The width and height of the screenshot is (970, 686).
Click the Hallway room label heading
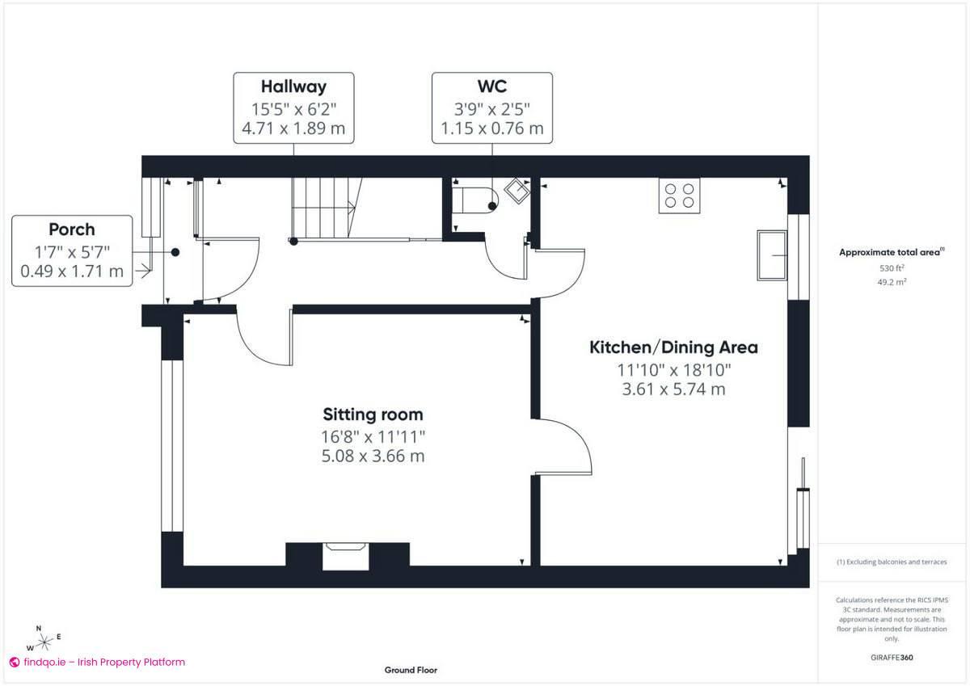point(293,86)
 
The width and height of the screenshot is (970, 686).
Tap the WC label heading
point(491,86)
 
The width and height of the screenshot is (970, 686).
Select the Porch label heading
point(71,229)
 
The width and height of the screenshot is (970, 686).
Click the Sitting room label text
point(373,415)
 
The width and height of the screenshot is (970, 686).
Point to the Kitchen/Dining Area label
point(673,347)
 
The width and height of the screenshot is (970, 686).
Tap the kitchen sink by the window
point(771,255)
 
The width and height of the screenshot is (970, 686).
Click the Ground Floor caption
point(411,670)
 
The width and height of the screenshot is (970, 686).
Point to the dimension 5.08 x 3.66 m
point(373,456)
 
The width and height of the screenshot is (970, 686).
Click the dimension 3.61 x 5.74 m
point(673,389)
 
